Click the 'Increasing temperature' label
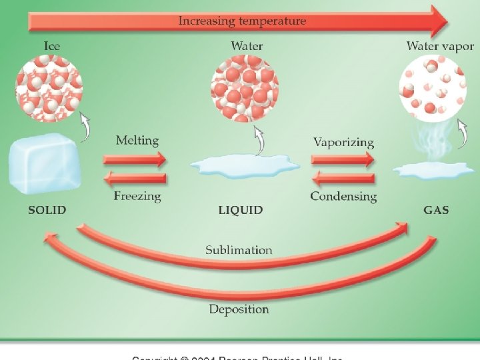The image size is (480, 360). tap(242, 21)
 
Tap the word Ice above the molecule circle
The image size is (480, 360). tap(53, 46)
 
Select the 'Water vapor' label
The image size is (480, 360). tap(440, 46)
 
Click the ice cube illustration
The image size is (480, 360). tap(43, 164)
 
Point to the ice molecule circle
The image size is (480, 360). tap(48, 89)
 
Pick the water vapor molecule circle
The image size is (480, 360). tap(431, 89)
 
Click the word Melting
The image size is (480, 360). tap(137, 140)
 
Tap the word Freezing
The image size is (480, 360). tap(137, 196)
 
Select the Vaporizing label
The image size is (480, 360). tap(343, 142)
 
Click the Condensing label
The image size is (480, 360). tap(343, 197)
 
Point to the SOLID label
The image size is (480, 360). tap(47, 210)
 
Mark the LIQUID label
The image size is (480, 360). tap(241, 210)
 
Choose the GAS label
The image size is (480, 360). tap(436, 210)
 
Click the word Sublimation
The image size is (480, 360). tap(239, 250)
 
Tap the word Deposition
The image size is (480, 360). tap(239, 309)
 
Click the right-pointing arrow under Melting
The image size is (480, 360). tap(135, 159)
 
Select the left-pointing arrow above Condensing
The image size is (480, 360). tap(343, 178)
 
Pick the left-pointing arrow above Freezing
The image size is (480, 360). tap(135, 178)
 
